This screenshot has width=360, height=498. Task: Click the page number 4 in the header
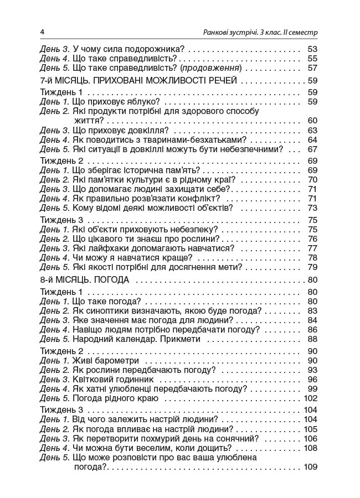pyautogui.click(x=43, y=31)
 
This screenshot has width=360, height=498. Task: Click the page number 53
pyautogui.click(x=311, y=49)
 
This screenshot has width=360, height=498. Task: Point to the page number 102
pyautogui.click(x=310, y=398)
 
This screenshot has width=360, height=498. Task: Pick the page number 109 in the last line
pyautogui.click(x=310, y=466)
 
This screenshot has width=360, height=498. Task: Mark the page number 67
pyautogui.click(x=311, y=149)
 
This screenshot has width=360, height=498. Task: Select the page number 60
pyautogui.click(x=311, y=121)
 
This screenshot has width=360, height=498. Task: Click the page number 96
pyautogui.click(x=311, y=380)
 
